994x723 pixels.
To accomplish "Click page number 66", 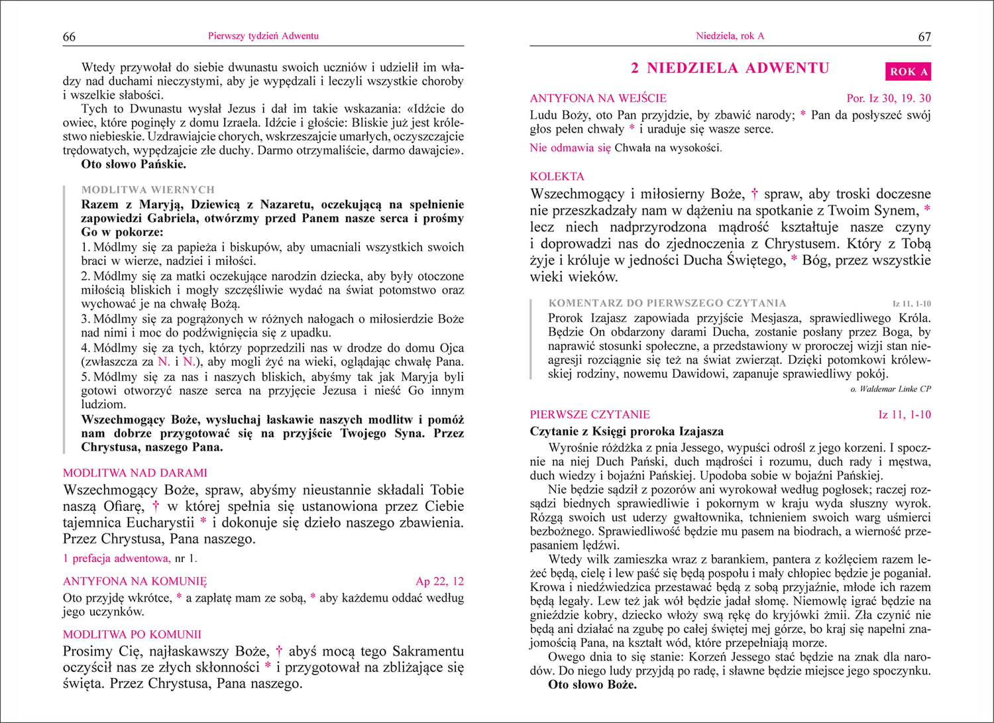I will tap(69, 37).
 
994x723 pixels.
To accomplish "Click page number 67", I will tap(924, 37).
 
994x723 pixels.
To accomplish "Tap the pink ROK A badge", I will tap(908, 72).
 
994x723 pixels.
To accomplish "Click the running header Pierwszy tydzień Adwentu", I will tap(263, 36).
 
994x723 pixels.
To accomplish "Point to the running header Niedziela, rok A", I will tap(730, 36).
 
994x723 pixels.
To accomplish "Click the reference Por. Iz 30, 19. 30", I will tap(889, 98).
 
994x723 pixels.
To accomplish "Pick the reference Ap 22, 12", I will tap(439, 582).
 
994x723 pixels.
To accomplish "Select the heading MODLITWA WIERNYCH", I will tap(148, 190).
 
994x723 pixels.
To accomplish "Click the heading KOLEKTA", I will tap(557, 176).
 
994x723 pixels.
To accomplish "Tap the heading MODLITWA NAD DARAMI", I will tap(135, 473).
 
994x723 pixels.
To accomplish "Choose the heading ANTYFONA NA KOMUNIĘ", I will tap(135, 582).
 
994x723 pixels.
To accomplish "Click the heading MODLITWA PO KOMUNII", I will tap(133, 634).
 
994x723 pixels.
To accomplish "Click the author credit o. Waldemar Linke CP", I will tap(890, 389).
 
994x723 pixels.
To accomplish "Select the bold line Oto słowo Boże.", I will tap(592, 685).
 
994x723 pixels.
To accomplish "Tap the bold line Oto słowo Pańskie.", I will tap(133, 164).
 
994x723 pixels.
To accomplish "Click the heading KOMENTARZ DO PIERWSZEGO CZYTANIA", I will tap(667, 304).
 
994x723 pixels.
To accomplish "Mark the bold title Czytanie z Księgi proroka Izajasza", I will tap(627, 431).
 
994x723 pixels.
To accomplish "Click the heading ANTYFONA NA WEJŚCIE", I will tap(598, 98).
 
